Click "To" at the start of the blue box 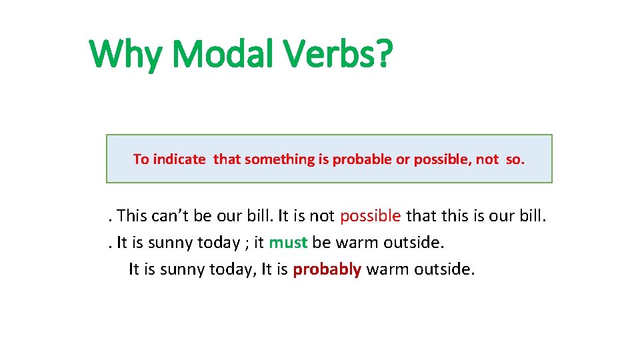click(x=141, y=159)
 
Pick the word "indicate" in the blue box click(x=179, y=159)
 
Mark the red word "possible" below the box click(x=371, y=216)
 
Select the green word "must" click(x=288, y=243)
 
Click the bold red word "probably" click(x=327, y=269)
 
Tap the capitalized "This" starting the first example click(x=131, y=216)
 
